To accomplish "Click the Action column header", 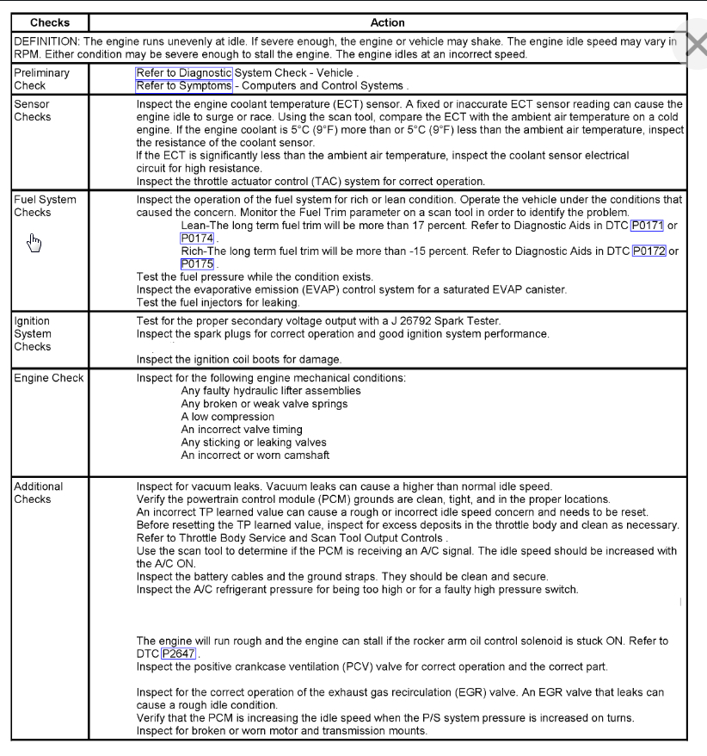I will [x=387, y=22].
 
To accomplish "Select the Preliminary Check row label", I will [x=40, y=79].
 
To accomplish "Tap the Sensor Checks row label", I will [x=32, y=110].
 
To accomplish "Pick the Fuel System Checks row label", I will [x=45, y=206].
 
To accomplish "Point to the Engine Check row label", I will [x=49, y=378].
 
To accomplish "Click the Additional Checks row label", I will [x=39, y=493].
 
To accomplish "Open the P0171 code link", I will [x=647, y=225].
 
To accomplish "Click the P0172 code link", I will [x=649, y=251].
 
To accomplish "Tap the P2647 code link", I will [x=179, y=654].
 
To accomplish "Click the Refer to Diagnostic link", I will [x=184, y=73].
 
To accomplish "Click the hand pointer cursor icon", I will [x=34, y=242].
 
